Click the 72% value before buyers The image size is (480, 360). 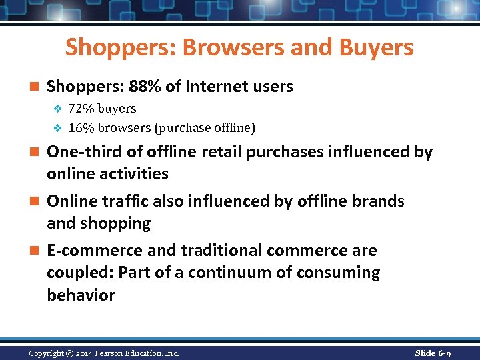pos(80,109)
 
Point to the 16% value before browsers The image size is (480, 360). pos(80,127)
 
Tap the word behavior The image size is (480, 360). pos(81,295)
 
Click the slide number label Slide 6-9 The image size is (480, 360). pos(433,353)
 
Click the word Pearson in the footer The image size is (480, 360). pos(118,353)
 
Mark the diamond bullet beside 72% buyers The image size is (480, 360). pos(57,109)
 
